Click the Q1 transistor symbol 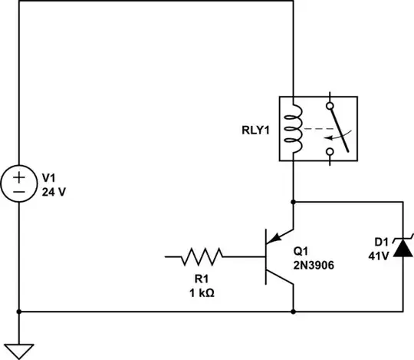tap(276, 256)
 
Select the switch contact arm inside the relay tap(341, 127)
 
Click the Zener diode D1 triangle tap(403, 249)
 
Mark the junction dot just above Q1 tap(294, 202)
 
